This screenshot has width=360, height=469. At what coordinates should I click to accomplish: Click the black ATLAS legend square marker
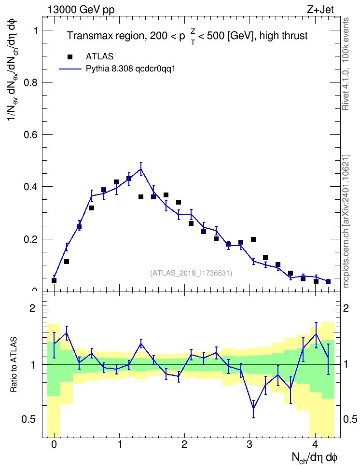pos(70,57)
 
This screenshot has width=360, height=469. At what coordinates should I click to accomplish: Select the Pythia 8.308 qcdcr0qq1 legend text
pos(130,69)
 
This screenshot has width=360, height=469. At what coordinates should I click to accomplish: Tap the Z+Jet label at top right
pos(320,10)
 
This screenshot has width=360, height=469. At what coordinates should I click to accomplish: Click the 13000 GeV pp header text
pos(81,10)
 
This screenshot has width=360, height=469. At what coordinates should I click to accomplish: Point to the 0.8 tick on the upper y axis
pos(30,83)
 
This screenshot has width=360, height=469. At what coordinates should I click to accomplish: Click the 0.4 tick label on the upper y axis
pos(30,187)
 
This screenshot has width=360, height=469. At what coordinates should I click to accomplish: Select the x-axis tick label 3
pos(249,444)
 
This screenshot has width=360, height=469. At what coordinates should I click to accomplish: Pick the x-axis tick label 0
pos(54,444)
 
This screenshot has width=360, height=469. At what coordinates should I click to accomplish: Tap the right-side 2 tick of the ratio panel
pos(346,308)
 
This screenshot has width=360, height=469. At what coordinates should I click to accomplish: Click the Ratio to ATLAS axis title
pos(14,365)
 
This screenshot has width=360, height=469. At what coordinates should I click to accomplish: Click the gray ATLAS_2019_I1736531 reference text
pos(191,273)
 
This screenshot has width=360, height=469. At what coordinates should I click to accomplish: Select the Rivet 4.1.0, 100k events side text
pos(346,64)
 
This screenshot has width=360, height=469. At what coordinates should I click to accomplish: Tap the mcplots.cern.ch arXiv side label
pos(346,221)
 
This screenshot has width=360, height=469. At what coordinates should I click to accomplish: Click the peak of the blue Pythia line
pos(141,169)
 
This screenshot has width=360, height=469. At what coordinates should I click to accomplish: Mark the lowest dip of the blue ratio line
pos(253,409)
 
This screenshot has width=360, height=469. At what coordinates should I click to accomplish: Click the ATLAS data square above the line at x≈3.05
pos(253,239)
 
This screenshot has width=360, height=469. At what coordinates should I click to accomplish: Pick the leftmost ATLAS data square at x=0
pos(54,280)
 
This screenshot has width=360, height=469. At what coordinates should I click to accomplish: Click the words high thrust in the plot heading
pos(283,36)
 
